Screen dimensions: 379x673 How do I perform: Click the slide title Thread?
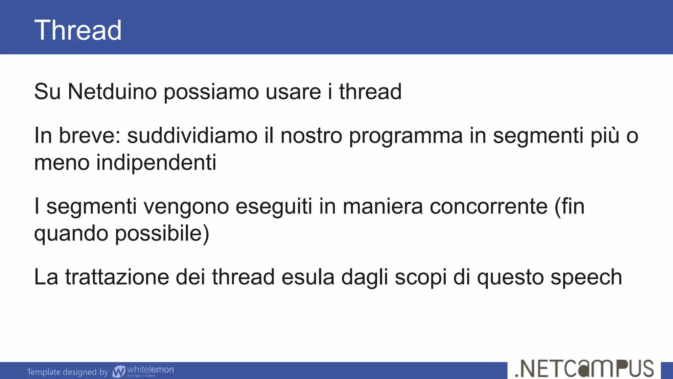click(x=78, y=30)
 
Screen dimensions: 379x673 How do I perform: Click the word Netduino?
click(x=112, y=91)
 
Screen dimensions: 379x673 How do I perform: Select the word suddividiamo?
click(x=192, y=136)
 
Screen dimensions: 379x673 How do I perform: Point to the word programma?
click(x=406, y=136)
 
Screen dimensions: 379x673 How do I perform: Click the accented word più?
click(x=605, y=136)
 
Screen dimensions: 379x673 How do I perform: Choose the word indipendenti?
click(x=156, y=163)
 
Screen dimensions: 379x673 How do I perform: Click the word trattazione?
click(x=117, y=277)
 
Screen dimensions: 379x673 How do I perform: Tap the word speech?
click(x=586, y=278)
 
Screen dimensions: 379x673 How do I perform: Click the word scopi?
click(x=421, y=278)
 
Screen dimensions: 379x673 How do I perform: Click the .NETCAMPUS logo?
click(x=584, y=369)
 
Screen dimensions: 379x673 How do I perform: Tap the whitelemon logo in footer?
click(x=143, y=371)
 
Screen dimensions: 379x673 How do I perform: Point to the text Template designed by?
click(x=67, y=372)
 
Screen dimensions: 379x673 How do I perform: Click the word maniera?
click(x=383, y=207)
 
